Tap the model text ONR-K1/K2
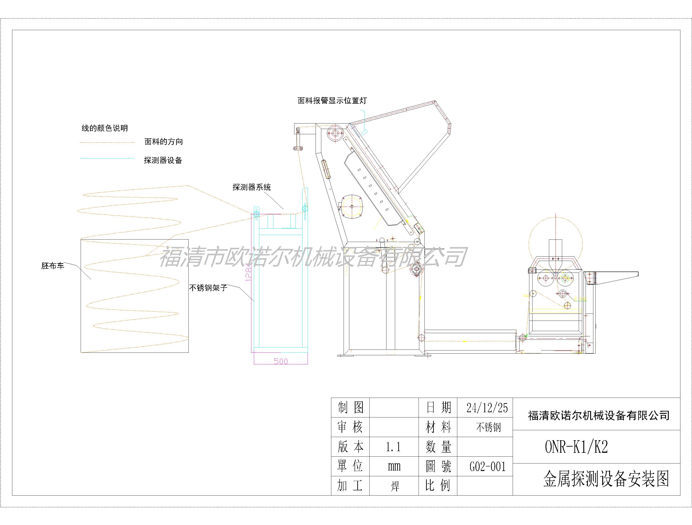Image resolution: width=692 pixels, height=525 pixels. click(x=576, y=447)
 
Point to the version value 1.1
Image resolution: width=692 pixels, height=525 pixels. click(x=393, y=447)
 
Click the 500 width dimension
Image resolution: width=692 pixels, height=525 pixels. click(x=281, y=361)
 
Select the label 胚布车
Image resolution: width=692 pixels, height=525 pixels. click(x=53, y=266)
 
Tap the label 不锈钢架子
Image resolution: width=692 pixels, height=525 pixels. click(x=208, y=288)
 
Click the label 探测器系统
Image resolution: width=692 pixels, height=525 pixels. click(x=252, y=187)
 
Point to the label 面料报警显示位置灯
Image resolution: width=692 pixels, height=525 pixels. click(x=332, y=101)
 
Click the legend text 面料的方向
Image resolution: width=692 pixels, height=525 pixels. click(x=164, y=142)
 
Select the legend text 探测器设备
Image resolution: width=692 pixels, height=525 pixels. click(x=163, y=160)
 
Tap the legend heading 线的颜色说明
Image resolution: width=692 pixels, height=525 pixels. click(x=105, y=128)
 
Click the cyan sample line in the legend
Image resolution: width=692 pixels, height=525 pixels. click(x=107, y=158)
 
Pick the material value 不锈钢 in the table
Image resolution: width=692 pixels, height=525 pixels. click(x=488, y=427)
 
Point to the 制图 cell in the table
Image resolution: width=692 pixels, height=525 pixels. click(x=350, y=408)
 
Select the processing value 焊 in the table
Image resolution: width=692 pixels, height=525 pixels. click(x=395, y=486)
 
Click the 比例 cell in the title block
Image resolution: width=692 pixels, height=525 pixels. click(x=438, y=486)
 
